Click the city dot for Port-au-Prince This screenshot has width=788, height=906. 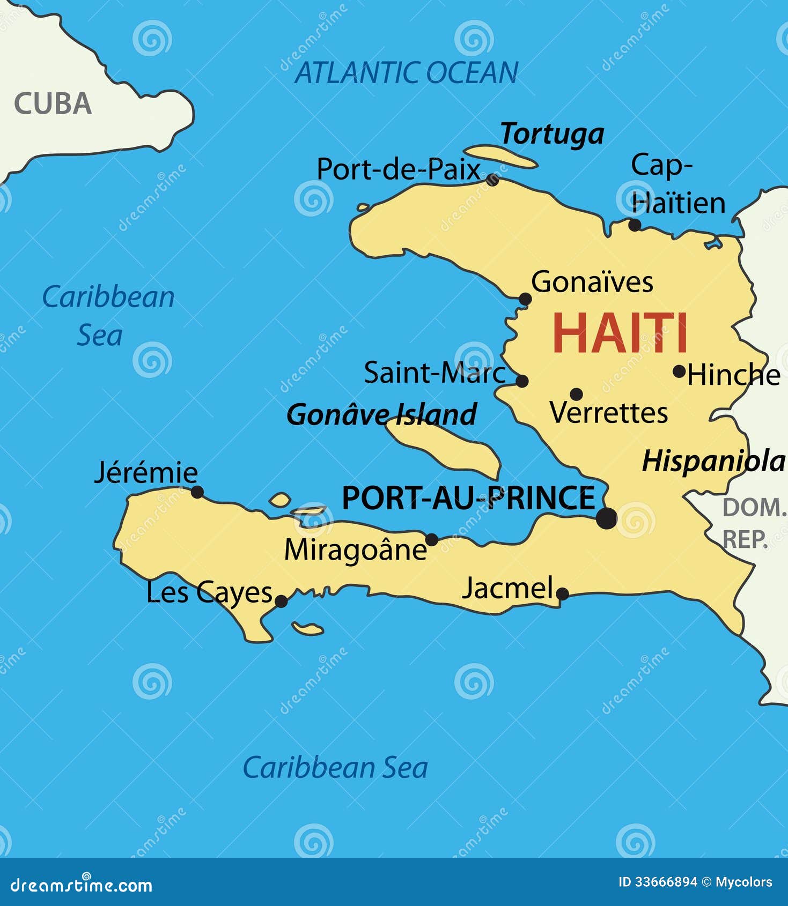607,518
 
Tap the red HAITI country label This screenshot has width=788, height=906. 620,333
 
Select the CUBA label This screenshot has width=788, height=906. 53,103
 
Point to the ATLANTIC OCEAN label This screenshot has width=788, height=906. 407,73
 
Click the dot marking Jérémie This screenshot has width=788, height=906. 197,492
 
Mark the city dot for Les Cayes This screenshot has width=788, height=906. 281,601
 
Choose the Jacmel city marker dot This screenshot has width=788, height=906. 562,593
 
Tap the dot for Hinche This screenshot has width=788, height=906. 679,371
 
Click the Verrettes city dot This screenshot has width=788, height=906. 576,394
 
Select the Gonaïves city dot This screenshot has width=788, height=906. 525,299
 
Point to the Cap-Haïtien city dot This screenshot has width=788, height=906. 635,225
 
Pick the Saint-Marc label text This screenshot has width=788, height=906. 434,373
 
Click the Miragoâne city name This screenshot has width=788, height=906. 355,549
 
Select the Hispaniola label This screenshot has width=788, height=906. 713,461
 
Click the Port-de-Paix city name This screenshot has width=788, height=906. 398,169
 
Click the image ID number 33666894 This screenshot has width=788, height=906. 666,882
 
